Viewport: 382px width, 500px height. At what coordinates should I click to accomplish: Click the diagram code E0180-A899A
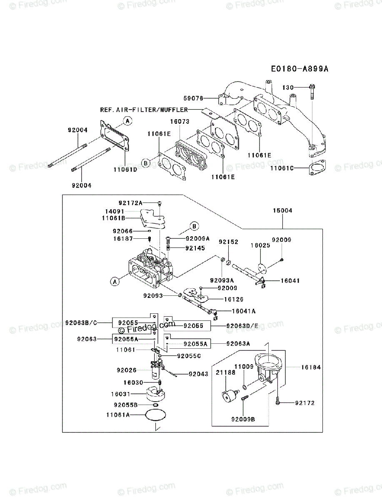300,69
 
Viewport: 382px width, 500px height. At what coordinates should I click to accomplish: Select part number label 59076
193,98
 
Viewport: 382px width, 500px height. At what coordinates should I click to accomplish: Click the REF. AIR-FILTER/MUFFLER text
144,110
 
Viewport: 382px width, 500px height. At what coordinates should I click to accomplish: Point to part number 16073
180,122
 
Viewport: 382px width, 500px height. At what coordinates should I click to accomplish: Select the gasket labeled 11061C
317,167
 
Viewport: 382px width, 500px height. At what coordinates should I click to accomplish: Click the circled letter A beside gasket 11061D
127,121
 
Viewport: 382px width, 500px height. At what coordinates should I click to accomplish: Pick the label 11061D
125,170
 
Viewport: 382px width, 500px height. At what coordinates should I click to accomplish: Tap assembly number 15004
282,210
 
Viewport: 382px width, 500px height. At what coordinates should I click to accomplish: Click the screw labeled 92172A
160,203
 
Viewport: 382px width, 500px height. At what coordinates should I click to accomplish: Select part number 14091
115,211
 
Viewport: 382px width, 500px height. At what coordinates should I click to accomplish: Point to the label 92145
195,248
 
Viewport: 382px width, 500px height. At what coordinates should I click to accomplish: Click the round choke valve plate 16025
262,268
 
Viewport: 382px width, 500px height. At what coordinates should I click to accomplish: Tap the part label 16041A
244,311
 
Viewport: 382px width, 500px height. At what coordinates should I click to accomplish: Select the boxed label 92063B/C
81,323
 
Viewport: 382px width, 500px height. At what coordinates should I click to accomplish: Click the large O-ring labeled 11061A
155,415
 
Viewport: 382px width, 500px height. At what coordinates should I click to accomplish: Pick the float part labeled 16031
156,394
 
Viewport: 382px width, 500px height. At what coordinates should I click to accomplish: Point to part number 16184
311,367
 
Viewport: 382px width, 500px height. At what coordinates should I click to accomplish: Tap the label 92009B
243,419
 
